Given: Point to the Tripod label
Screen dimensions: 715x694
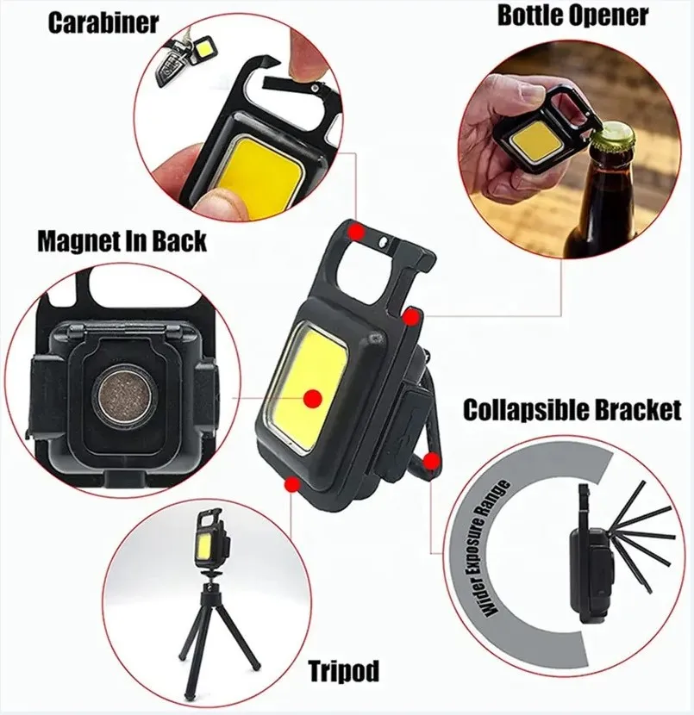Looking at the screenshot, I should pyautogui.click(x=342, y=671).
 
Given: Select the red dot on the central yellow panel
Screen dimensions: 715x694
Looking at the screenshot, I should pyautogui.click(x=312, y=397).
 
